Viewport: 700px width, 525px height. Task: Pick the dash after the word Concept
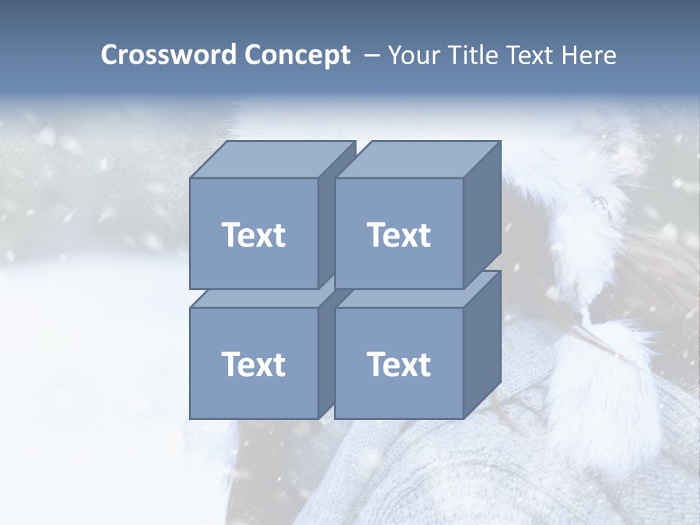[x=371, y=56]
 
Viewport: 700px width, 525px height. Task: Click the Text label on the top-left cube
[x=253, y=235]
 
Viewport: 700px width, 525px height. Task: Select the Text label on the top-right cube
[x=398, y=235]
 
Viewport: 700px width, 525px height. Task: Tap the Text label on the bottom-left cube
[x=253, y=364]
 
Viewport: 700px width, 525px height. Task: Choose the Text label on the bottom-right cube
[x=398, y=364]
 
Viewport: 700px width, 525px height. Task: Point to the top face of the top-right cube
[x=418, y=159]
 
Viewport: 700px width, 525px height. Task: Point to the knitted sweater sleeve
[x=452, y=474]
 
